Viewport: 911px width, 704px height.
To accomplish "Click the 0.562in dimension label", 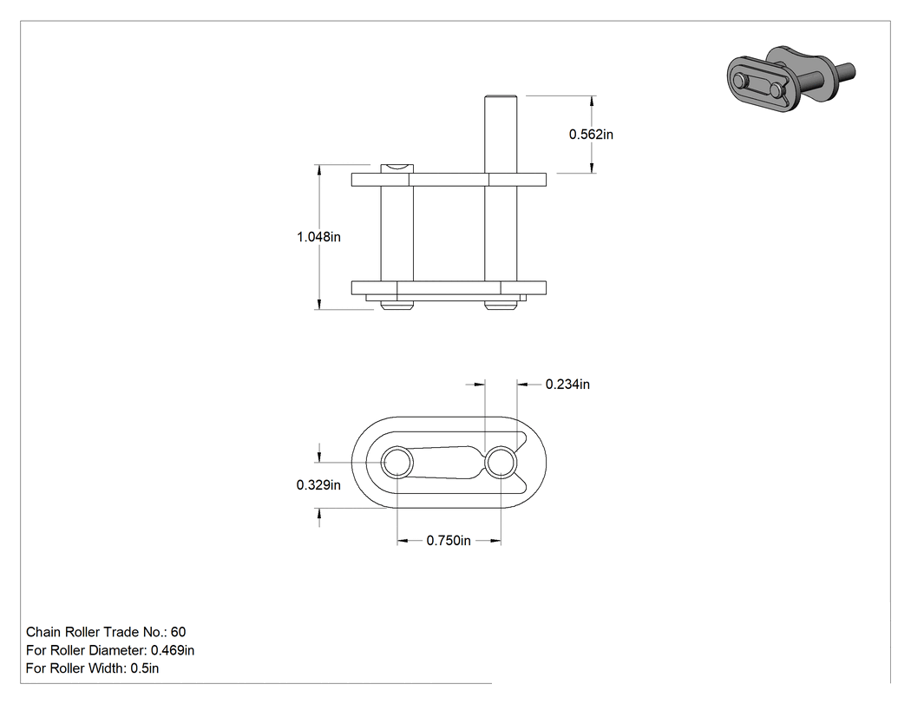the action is [x=591, y=135].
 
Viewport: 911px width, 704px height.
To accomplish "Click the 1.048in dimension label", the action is [x=318, y=237].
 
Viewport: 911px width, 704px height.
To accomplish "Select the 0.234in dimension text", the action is [x=567, y=385].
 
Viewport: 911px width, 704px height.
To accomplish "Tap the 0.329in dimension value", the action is [x=318, y=485].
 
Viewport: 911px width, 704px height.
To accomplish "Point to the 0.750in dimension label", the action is [x=449, y=541].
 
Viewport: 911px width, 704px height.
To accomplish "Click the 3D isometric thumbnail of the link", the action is [x=790, y=78].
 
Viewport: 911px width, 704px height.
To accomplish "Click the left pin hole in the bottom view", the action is [x=397, y=464].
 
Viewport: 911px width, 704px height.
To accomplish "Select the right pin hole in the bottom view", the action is [x=501, y=464].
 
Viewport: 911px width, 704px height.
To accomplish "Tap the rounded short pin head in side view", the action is [x=397, y=168].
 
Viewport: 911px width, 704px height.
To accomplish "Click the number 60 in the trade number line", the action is [x=179, y=632].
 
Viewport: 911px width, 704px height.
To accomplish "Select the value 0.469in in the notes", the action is [x=173, y=650].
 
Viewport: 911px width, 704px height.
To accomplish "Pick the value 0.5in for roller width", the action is [x=144, y=668].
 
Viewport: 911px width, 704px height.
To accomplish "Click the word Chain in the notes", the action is [x=43, y=632].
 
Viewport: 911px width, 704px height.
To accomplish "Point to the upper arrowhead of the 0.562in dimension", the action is [x=592, y=101].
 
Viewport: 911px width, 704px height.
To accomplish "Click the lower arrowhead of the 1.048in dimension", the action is [x=319, y=304].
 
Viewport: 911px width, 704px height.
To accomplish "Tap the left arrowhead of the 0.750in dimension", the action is [x=402, y=541].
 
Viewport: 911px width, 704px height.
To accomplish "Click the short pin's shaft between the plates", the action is [x=397, y=234].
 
